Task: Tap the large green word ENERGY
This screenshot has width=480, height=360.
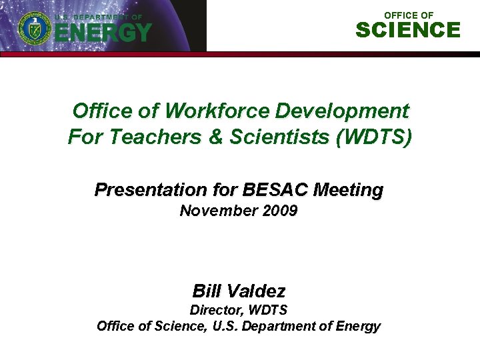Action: point(103,32)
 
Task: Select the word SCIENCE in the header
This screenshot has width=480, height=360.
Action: point(408,30)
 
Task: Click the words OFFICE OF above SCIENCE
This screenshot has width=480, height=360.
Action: point(409,15)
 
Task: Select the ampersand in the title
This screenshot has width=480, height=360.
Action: point(217,137)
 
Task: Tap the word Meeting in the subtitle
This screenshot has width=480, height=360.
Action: point(349,190)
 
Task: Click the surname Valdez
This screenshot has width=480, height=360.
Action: point(257,291)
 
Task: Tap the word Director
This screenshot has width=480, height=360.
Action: point(215,310)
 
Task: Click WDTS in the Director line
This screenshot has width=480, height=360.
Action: point(266,310)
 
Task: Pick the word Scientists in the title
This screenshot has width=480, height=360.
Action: point(279,137)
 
